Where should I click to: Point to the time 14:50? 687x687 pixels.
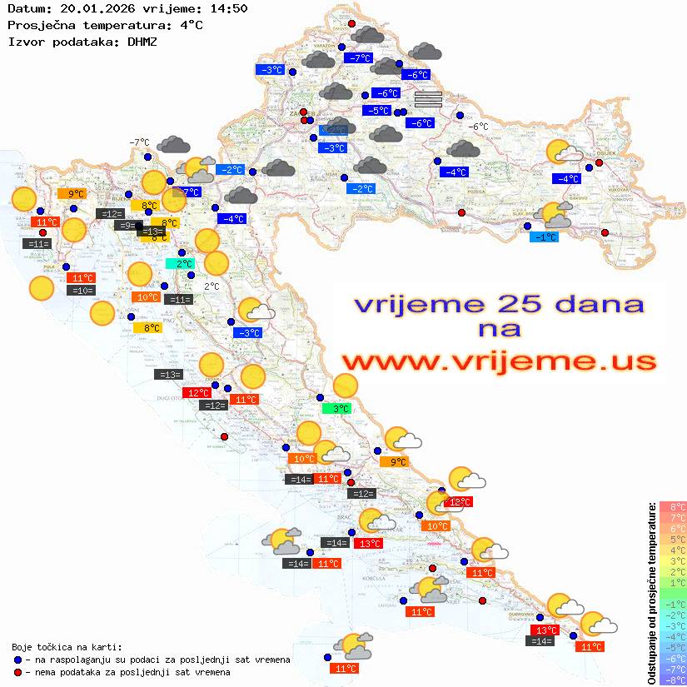(x=228, y=8)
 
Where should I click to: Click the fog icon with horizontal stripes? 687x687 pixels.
(x=428, y=100)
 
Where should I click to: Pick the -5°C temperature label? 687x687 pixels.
(x=377, y=111)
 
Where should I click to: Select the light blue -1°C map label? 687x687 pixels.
(x=545, y=237)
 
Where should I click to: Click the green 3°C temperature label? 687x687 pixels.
(x=336, y=409)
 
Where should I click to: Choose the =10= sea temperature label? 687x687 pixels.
(x=81, y=291)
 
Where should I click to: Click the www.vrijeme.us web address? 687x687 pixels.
(x=498, y=361)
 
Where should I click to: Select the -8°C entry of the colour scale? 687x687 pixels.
(x=672, y=680)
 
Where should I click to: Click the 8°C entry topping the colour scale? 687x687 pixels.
(x=672, y=506)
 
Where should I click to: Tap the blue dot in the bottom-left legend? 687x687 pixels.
(x=18, y=660)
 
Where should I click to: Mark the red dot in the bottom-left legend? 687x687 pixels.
(x=18, y=672)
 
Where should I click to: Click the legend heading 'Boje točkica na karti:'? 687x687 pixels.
(x=67, y=646)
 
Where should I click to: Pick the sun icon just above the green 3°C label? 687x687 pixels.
(x=345, y=386)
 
